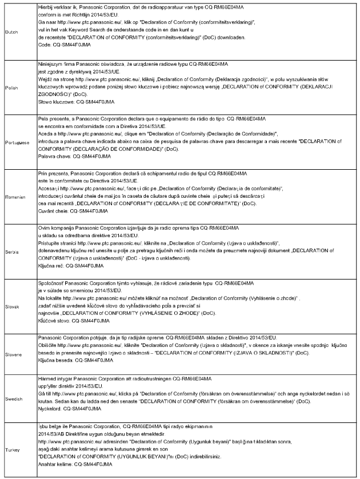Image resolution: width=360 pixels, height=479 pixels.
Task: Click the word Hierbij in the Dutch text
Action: tap(46, 5)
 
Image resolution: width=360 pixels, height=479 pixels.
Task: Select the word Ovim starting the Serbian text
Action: tap(44, 229)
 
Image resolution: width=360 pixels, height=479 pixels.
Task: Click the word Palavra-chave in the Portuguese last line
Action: tap(55, 155)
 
